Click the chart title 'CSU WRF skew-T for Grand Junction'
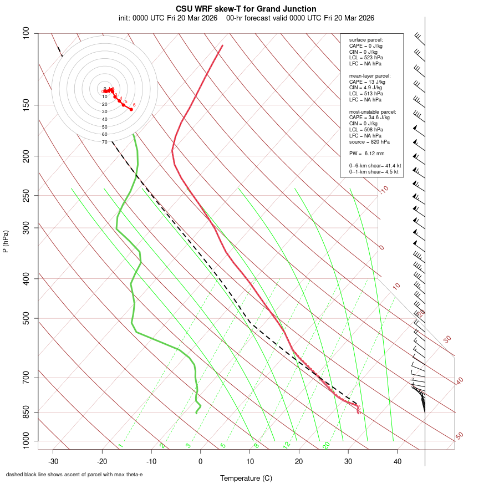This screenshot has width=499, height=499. (246, 9)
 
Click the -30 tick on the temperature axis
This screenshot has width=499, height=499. (53, 461)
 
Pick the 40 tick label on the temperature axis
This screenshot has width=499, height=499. (397, 461)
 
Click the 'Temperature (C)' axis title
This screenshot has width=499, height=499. (246, 478)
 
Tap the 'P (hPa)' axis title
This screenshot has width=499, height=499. (6, 241)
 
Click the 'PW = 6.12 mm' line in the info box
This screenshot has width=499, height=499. (366, 154)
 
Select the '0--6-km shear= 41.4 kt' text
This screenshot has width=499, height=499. (375, 166)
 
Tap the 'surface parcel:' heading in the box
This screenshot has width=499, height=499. (366, 40)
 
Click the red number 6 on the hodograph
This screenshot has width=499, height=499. (134, 105)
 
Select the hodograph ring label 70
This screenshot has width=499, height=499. (104, 142)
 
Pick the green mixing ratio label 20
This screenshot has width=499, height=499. (327, 445)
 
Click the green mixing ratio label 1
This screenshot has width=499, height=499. (120, 446)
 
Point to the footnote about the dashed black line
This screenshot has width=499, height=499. (74, 475)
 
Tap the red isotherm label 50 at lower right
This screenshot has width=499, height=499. (460, 436)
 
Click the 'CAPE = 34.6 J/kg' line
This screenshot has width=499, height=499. (369, 118)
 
